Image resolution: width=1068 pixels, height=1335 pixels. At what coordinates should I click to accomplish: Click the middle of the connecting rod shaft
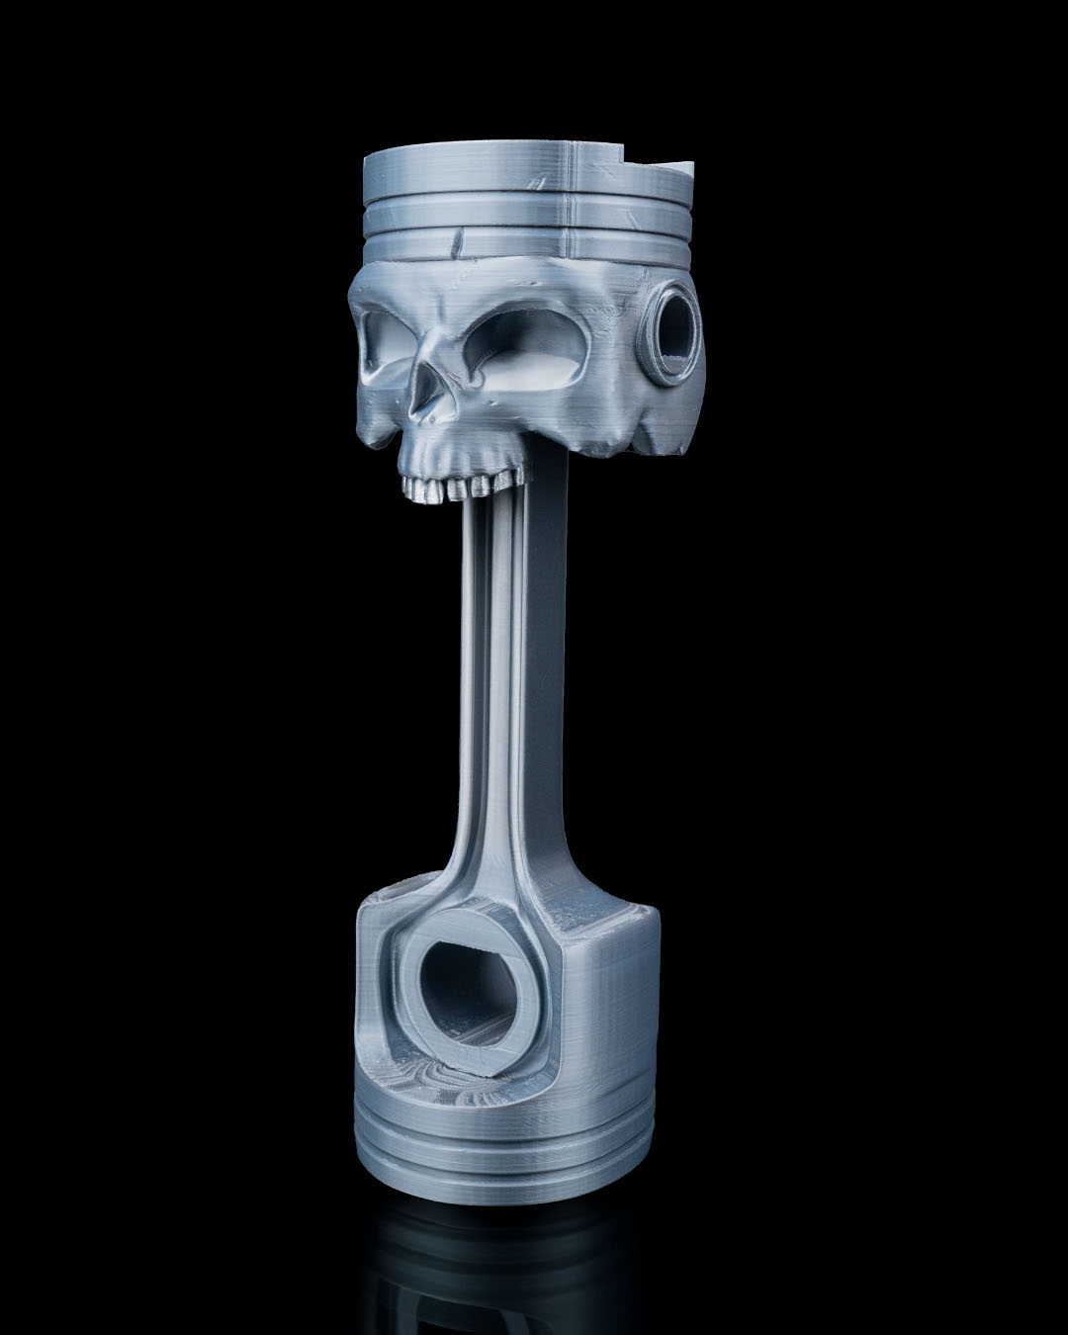click(504, 692)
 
